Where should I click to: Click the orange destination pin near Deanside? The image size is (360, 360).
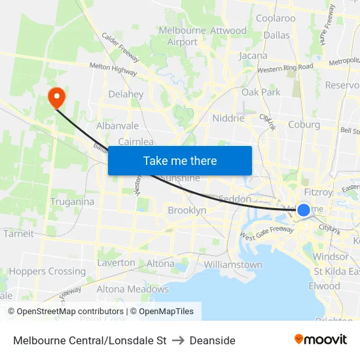pos(57,98)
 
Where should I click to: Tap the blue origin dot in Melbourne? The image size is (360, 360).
pos(304,209)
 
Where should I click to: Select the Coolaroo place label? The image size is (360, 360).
pos(276,18)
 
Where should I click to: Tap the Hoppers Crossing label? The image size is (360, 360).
pos(47,271)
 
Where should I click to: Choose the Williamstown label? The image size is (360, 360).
pos(233,264)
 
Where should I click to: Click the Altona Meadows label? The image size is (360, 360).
pos(132,289)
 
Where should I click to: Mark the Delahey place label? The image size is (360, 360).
pos(126,94)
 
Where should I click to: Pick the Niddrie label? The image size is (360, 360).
pos(228,118)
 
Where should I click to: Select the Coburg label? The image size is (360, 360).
pos(304,124)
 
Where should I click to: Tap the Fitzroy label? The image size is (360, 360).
pos(318,192)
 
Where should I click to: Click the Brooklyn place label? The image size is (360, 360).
pos(187,210)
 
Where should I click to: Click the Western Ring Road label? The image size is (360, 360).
pos(285,67)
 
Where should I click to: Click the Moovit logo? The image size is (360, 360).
pos(321,339)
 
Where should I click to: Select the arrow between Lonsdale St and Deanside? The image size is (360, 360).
pos(178,340)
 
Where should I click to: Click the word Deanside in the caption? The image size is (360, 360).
pos(213,340)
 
